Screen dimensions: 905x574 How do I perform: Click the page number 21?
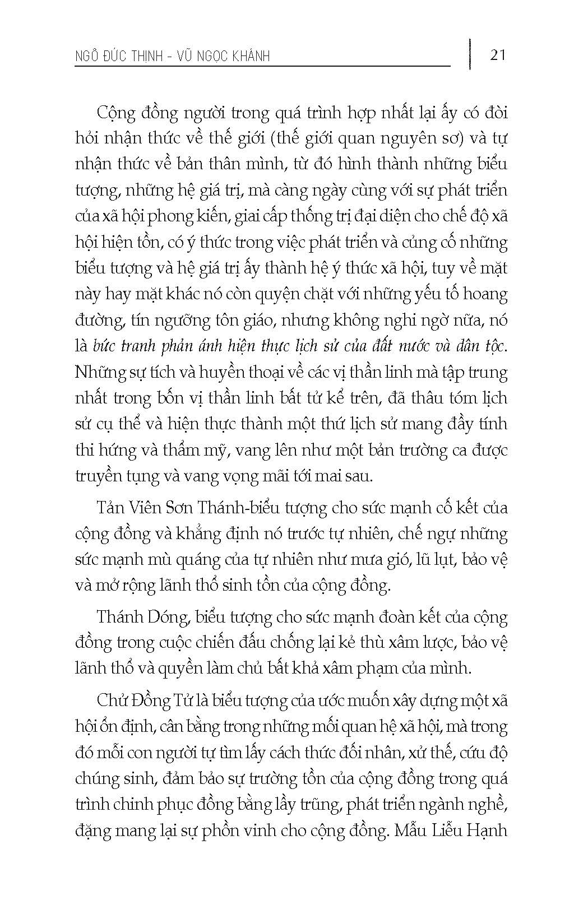498,55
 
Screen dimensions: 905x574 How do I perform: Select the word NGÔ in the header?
90,57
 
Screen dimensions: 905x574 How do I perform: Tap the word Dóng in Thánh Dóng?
169,618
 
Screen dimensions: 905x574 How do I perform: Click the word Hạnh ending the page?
490,830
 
